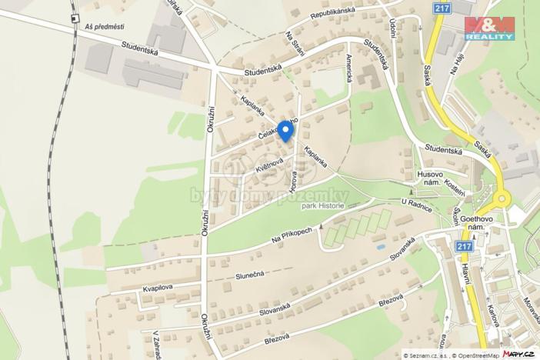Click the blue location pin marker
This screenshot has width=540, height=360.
[285, 130]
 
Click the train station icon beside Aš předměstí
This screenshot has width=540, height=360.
[74, 17]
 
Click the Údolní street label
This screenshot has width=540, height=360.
[393, 30]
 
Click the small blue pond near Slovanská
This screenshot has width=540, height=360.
[381, 248]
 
